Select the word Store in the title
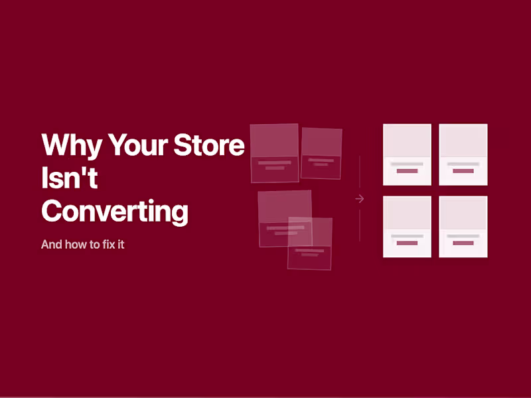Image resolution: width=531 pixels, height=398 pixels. click(x=209, y=145)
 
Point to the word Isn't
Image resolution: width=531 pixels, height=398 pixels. click(x=70, y=178)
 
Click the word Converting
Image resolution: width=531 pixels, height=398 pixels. click(x=115, y=212)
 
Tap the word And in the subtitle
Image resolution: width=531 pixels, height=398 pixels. click(x=51, y=244)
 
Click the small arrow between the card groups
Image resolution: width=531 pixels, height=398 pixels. click(x=360, y=198)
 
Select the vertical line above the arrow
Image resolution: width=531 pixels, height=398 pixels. click(x=360, y=172)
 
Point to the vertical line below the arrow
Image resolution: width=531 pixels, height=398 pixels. click(x=360, y=226)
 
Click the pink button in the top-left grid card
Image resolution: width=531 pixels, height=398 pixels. click(x=407, y=171)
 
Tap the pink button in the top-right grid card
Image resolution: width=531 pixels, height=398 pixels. click(x=463, y=171)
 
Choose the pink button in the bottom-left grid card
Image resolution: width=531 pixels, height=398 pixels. click(x=407, y=243)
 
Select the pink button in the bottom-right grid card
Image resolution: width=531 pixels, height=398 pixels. click(x=463, y=243)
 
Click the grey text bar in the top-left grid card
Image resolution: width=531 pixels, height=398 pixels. click(x=407, y=163)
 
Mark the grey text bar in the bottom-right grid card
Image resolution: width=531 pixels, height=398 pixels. click(x=463, y=235)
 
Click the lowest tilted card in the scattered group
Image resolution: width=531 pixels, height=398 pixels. click(x=310, y=243)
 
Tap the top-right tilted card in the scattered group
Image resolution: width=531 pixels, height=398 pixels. click(x=321, y=153)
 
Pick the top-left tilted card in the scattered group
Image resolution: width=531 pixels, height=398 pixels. click(x=274, y=153)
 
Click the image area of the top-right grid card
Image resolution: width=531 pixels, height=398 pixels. click(x=463, y=141)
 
